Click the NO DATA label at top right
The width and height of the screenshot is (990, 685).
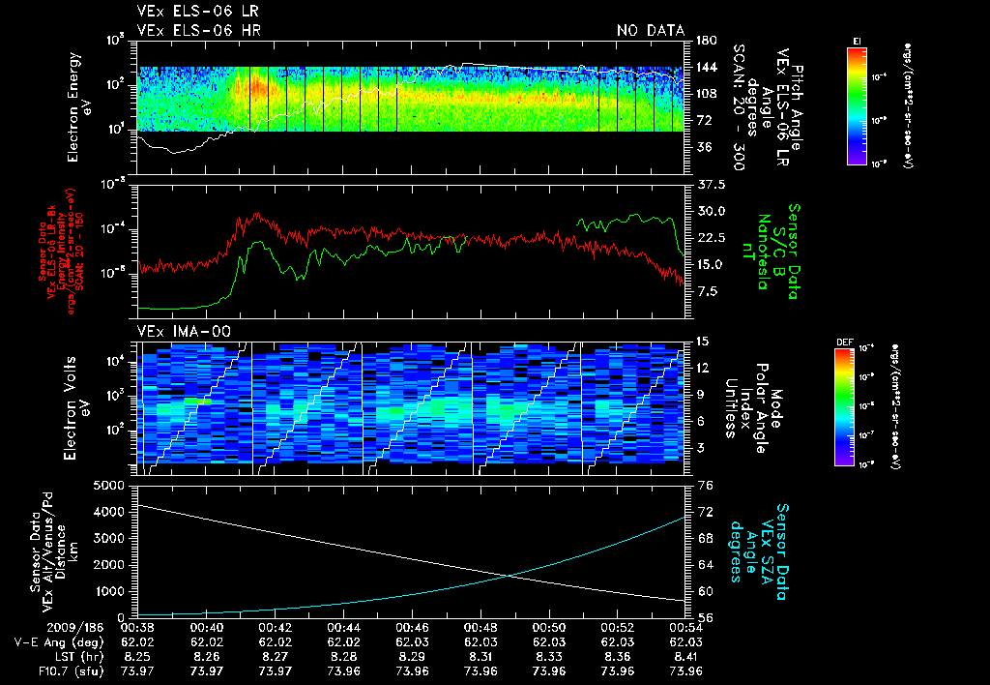coord(650,30)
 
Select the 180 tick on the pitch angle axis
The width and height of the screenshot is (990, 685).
coord(704,41)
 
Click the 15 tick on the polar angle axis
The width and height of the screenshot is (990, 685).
coord(702,341)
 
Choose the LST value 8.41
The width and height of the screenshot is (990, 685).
coord(685,656)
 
